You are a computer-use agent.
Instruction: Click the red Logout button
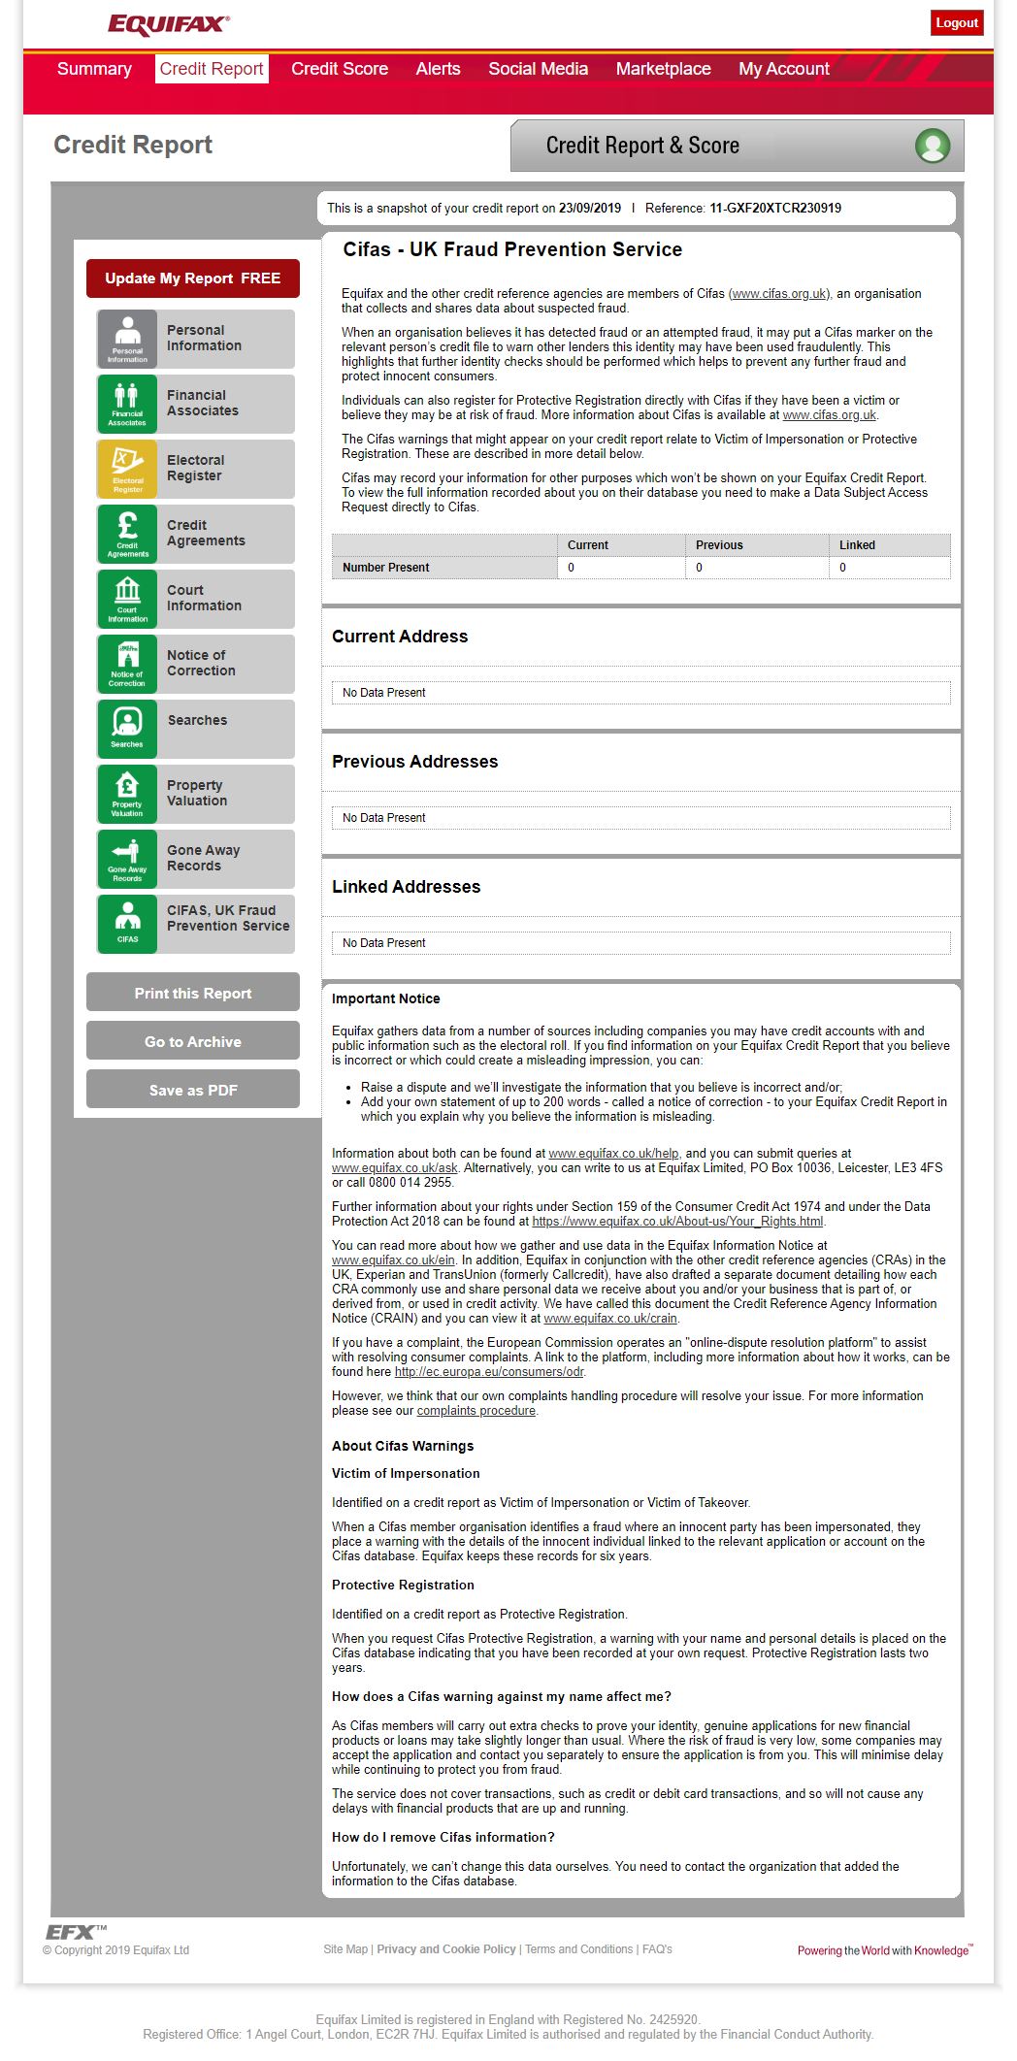(x=956, y=23)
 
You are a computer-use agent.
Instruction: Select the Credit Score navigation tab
(x=340, y=69)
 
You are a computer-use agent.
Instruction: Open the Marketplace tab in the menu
(x=663, y=69)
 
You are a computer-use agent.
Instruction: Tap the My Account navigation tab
(x=783, y=69)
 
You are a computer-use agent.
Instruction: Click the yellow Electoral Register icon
(x=127, y=469)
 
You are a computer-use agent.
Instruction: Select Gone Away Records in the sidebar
(x=203, y=858)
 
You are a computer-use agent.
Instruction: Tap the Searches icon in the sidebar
(x=127, y=728)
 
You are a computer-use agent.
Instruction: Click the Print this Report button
(x=192, y=993)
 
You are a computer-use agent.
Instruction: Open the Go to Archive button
(x=192, y=1041)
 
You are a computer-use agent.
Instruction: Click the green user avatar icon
(x=933, y=146)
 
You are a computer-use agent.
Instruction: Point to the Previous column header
(x=719, y=545)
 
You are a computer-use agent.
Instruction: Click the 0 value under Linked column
(x=842, y=568)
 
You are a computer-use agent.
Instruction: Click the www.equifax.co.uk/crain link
(x=610, y=1319)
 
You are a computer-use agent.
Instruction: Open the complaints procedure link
(x=476, y=1411)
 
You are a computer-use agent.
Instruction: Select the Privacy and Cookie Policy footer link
(x=445, y=1949)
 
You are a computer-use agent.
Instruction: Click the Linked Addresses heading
(x=406, y=887)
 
